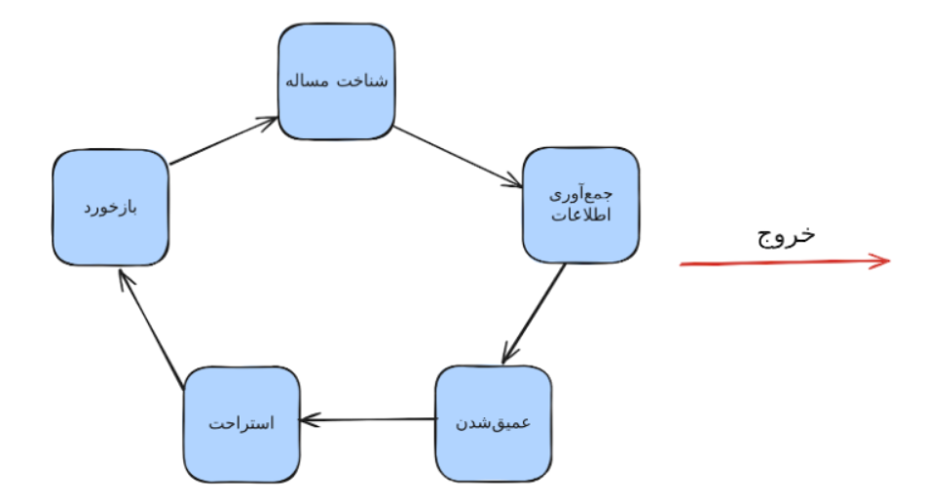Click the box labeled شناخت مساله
click(337, 82)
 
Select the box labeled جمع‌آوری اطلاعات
click(580, 205)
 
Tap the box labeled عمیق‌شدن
click(493, 423)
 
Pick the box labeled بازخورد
click(110, 208)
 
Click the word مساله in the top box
click(312, 82)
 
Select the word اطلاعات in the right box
click(580, 216)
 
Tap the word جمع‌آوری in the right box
click(581, 193)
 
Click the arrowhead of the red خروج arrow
click(881, 260)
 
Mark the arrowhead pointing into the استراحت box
click(306, 420)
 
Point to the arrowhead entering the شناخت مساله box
click(271, 121)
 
